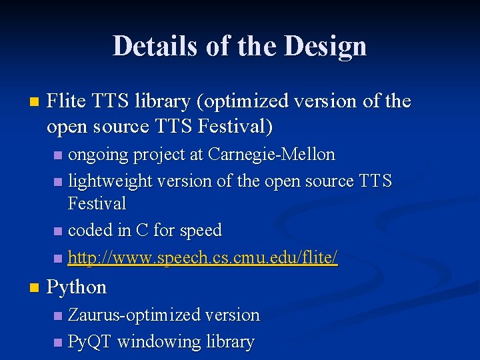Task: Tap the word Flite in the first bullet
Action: (x=66, y=101)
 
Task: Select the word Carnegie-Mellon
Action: (x=271, y=155)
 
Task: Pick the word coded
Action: (x=90, y=231)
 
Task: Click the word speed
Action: (x=199, y=231)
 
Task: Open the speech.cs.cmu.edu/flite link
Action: (x=203, y=258)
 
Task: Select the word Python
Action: (x=77, y=287)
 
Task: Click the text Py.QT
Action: (x=90, y=342)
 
